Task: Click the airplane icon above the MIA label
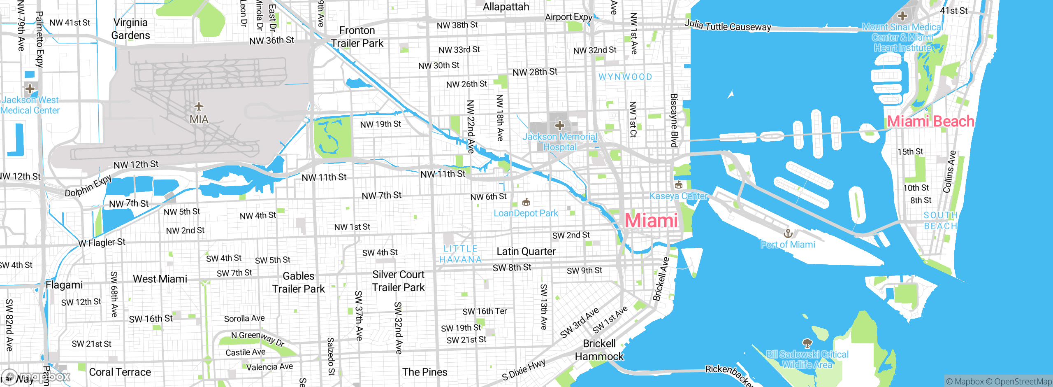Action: [199, 107]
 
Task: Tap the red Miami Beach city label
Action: [930, 121]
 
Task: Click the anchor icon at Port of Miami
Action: [788, 234]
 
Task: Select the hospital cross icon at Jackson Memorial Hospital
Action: [559, 125]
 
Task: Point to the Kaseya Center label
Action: [678, 196]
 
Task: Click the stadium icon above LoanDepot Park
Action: [526, 202]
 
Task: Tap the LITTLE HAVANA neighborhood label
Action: [460, 254]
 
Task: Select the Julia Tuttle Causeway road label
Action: [727, 26]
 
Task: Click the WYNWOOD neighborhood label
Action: [625, 77]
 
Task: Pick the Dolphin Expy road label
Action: [88, 186]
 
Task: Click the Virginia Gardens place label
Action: [130, 29]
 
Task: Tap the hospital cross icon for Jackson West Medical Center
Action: [30, 89]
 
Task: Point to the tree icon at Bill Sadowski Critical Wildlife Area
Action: [807, 343]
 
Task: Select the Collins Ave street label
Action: [950, 172]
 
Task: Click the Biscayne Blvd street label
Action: [674, 120]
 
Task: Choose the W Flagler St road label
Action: [102, 242]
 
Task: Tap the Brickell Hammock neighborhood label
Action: [599, 350]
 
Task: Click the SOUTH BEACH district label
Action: [940, 221]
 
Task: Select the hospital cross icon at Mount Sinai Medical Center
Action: [902, 16]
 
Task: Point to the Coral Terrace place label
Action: [120, 372]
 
